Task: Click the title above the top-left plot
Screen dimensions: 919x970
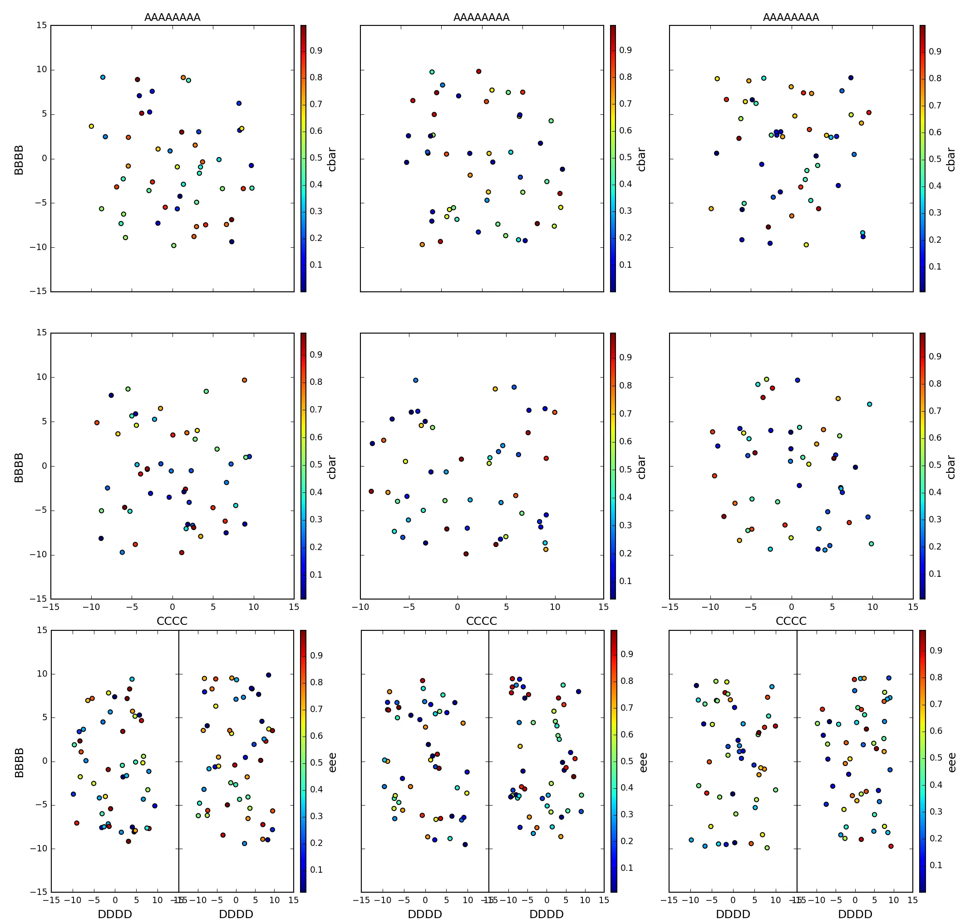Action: [172, 17]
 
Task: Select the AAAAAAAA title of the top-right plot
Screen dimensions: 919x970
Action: [791, 17]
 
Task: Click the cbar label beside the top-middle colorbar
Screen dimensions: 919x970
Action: [641, 159]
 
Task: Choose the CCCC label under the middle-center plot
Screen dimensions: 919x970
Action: [481, 621]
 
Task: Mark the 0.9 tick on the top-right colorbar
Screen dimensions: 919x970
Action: [935, 51]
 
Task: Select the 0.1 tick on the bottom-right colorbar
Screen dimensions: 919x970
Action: [936, 865]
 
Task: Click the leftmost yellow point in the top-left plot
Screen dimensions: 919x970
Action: [91, 126]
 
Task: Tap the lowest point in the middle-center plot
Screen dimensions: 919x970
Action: [466, 554]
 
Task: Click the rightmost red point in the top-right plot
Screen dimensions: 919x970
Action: [869, 113]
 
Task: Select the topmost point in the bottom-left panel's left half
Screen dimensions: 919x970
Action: [132, 679]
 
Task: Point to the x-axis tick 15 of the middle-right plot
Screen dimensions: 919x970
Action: [913, 607]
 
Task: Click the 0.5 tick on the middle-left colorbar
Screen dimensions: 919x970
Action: [316, 464]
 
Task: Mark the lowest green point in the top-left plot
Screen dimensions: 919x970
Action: [173, 246]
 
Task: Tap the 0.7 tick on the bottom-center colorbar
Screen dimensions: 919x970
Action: [626, 708]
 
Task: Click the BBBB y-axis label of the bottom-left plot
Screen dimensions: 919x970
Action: [19, 762]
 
